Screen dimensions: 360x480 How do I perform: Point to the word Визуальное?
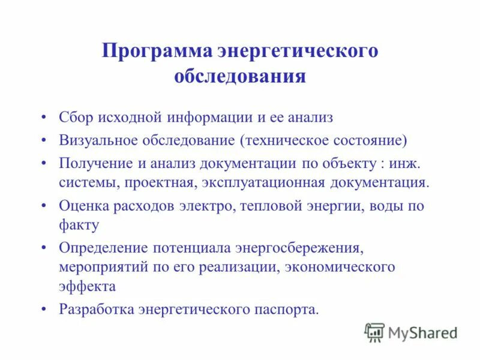pos(98,140)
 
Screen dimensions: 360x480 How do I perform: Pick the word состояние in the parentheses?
pos(371,140)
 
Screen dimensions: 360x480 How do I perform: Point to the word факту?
pos(79,225)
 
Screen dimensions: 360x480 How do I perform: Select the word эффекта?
pos(87,286)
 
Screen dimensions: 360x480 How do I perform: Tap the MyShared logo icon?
pos(374,332)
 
